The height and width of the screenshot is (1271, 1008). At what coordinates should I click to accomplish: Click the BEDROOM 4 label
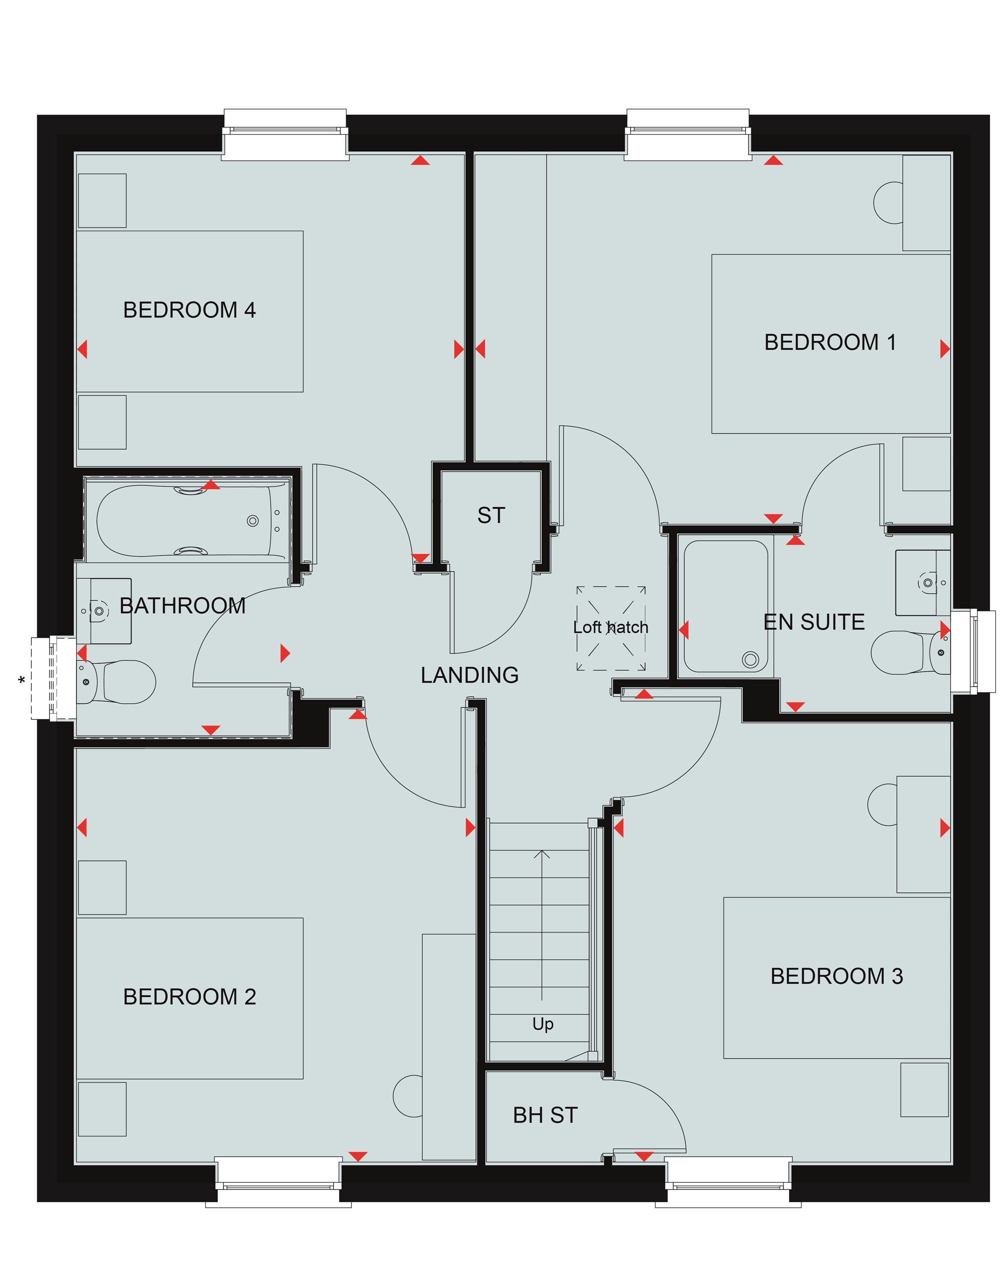click(189, 310)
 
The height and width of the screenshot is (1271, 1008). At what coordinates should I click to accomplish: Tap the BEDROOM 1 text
click(830, 342)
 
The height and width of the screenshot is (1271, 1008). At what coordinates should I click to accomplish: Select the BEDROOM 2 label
click(189, 997)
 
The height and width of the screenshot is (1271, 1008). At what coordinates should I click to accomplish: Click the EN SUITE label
click(814, 622)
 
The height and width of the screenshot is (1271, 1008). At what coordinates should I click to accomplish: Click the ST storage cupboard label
click(491, 515)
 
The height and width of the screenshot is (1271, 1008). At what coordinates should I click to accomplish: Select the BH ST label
click(545, 1115)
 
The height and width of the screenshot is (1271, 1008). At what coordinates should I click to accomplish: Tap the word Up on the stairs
click(543, 1025)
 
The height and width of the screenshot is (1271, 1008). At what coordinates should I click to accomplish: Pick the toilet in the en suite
click(910, 653)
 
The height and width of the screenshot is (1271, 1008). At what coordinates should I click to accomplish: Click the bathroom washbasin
click(104, 611)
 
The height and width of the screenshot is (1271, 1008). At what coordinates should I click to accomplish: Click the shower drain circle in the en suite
click(750, 659)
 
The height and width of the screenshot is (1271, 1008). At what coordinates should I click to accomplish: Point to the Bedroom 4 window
click(285, 134)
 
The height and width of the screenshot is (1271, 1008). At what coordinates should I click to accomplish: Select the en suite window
click(973, 651)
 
